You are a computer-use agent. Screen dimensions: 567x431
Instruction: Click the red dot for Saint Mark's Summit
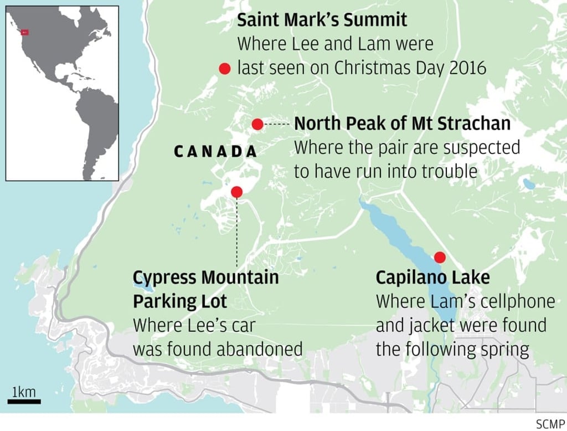coord(224,68)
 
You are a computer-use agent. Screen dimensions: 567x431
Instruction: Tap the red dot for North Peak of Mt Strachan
coord(257,124)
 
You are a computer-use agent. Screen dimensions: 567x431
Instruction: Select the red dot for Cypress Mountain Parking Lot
coord(236,192)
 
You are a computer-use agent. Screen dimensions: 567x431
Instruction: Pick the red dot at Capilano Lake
coord(440,257)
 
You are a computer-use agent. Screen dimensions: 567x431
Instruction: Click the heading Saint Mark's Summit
coord(322,20)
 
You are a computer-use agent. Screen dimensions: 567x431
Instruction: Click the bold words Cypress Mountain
coord(206,277)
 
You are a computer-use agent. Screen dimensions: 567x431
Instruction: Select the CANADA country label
coord(215,151)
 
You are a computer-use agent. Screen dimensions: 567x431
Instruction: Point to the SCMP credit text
coord(550,424)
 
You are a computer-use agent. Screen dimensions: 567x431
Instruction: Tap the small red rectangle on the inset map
coord(24,33)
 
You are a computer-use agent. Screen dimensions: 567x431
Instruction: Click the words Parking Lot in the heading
coord(180,301)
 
